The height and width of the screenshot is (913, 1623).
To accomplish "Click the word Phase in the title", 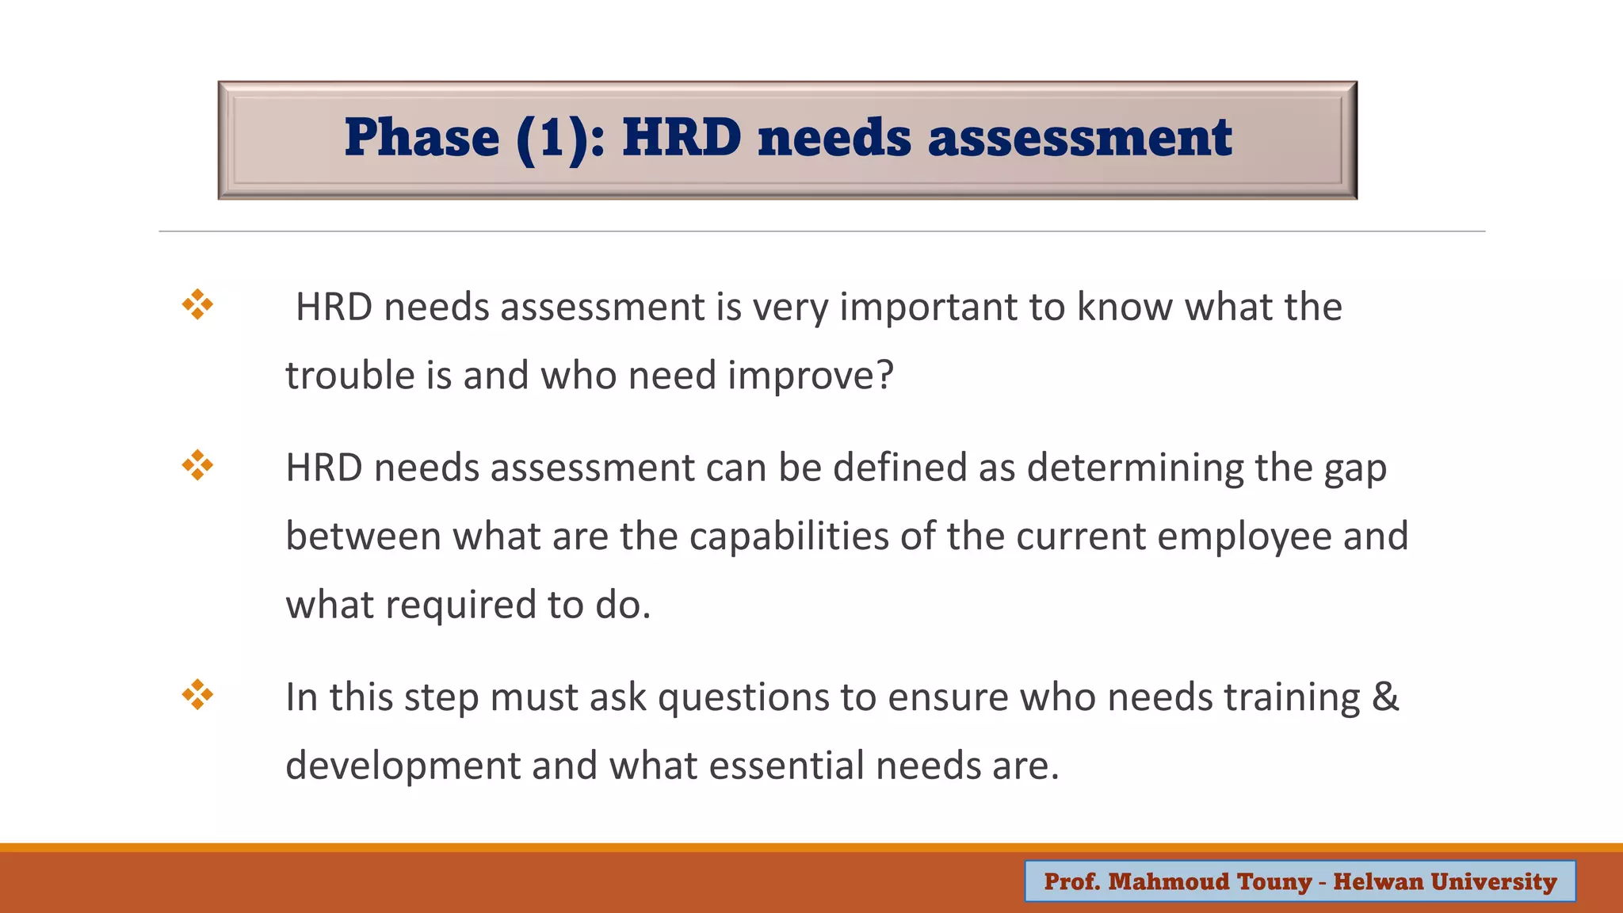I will click(422, 139).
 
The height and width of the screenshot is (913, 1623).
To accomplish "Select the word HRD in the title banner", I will click(682, 139).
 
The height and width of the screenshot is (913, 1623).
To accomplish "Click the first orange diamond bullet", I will click(197, 304).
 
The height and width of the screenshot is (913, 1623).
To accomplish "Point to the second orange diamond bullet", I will click(197, 465).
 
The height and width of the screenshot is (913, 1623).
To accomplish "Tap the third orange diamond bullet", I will click(197, 695).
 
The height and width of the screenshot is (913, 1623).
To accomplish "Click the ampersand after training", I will click(1384, 697).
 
